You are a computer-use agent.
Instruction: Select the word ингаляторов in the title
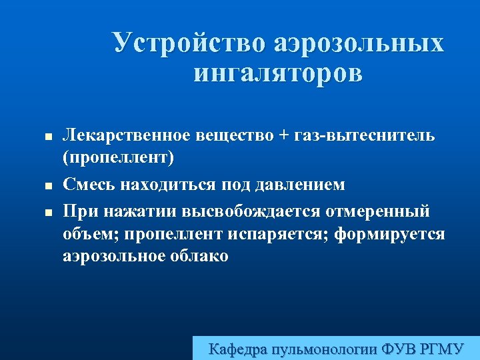coord(278,73)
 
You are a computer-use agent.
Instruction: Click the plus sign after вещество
coord(285,136)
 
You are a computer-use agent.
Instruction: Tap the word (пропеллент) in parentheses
coord(118,159)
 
